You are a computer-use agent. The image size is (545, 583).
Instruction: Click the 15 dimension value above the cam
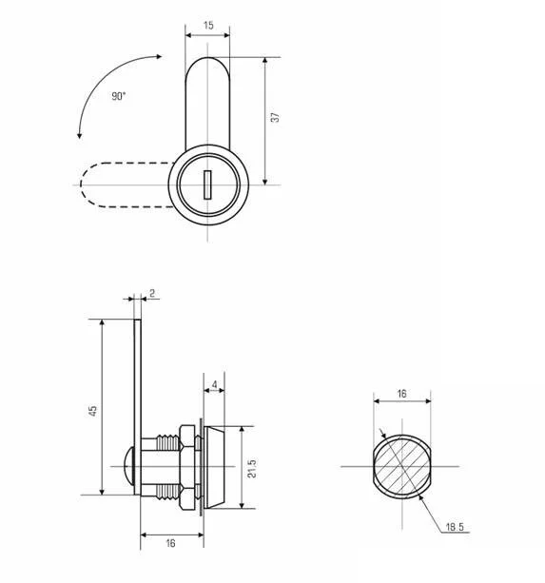coord(208,26)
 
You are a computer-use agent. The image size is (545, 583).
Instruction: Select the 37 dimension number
coord(275,118)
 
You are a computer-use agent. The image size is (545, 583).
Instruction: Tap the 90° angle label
coord(119,96)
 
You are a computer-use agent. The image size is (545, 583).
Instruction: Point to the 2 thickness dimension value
coord(152,293)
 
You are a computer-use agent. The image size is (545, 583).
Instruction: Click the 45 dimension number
coord(92,411)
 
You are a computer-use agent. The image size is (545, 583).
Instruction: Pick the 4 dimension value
coord(215,384)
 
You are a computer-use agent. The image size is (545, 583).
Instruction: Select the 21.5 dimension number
coord(252,469)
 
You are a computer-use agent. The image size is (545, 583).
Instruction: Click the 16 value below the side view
coord(170,543)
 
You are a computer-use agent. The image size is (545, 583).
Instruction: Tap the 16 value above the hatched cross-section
coord(401,394)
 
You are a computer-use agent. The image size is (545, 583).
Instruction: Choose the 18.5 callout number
coord(455,527)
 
